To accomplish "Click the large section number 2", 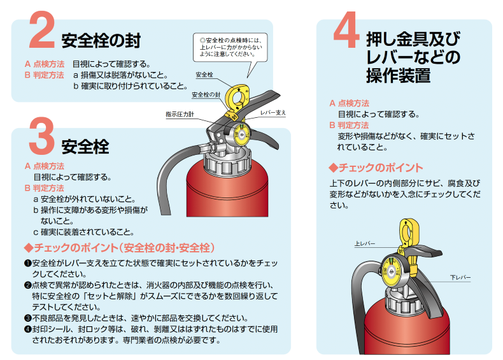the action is click(41, 29).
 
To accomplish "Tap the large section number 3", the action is click(41, 136).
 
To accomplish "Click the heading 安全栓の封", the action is click(101, 41).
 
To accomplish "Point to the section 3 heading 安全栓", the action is click(85, 147).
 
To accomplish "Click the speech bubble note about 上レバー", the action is click(230, 47).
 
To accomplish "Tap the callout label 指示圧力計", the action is click(180, 114).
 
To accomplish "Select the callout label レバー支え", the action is click(273, 113).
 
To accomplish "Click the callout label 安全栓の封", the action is click(206, 95).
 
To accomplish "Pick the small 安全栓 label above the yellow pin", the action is click(204, 75).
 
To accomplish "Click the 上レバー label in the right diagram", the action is click(365, 243).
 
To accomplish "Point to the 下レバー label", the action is click(460, 277).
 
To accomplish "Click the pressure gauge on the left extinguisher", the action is click(241, 133).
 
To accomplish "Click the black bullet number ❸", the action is click(28, 318).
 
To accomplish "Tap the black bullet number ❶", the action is click(28, 263).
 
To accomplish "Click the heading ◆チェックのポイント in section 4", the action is click(376, 168).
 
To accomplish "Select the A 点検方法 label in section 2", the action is click(45, 64).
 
